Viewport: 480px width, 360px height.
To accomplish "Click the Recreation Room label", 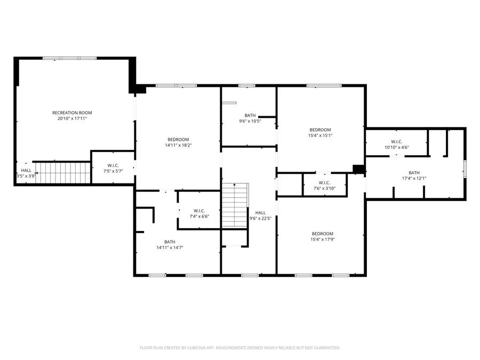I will tap(72, 113).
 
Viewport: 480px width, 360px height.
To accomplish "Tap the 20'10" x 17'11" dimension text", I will tap(72, 119).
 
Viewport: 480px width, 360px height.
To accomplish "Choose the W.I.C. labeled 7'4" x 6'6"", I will tap(199, 213).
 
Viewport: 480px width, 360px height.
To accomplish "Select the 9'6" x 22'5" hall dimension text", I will tap(260, 219).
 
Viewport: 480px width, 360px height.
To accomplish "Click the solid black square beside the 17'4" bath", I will tap(358, 169).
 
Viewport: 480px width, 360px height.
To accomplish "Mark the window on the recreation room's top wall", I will tap(69, 58).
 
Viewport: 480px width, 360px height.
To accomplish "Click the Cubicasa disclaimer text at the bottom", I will tap(240, 348).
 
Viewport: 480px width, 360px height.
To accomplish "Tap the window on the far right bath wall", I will tap(465, 169).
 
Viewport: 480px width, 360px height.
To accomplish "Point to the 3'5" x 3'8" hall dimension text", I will tap(26, 176).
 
